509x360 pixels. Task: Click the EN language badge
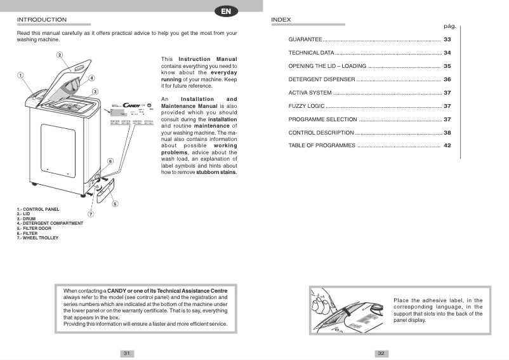coord(227,11)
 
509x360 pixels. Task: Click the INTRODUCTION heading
coord(41,20)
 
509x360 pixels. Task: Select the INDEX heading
coord(281,20)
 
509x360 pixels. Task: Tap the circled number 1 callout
coord(21,74)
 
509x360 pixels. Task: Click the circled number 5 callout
coord(114,204)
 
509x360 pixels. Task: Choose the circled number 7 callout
coord(91,214)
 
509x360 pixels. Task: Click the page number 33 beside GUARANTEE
coord(447,39)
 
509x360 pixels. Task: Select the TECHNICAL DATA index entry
coord(311,53)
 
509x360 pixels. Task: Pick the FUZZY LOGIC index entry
coord(307,106)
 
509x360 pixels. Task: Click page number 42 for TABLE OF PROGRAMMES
coord(447,146)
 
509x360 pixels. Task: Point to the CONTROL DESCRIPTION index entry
coord(321,133)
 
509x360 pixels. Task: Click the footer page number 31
coord(127,353)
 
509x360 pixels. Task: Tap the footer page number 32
coord(381,353)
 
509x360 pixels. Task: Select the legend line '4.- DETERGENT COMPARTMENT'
coord(50,223)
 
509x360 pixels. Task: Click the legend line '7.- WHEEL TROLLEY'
coord(37,238)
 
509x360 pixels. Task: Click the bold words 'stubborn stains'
coord(216,172)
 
